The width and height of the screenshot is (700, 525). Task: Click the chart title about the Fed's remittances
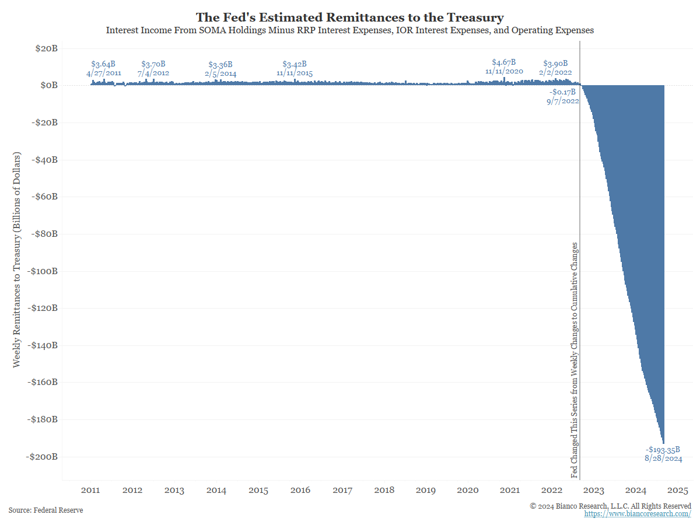pyautogui.click(x=349, y=17)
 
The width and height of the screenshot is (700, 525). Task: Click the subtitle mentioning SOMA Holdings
pyautogui.click(x=349, y=30)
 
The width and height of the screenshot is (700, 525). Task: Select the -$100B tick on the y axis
pyautogui.click(x=42, y=271)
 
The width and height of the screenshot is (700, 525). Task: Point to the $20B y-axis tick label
pyautogui.click(x=46, y=48)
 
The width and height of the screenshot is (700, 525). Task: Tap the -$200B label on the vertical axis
pyautogui.click(x=42, y=457)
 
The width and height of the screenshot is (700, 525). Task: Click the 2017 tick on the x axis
pyautogui.click(x=342, y=491)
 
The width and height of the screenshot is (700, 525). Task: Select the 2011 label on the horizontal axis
pyautogui.click(x=90, y=491)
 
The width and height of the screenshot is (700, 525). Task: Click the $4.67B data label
pyautogui.click(x=503, y=62)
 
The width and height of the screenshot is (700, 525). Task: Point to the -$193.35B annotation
pyautogui.click(x=663, y=450)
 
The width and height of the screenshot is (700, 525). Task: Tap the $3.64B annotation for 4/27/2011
pyautogui.click(x=103, y=64)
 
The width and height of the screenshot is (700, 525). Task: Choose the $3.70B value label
pyautogui.click(x=153, y=64)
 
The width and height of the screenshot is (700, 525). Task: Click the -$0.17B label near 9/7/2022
pyautogui.click(x=562, y=92)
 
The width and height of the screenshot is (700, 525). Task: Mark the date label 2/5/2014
pyautogui.click(x=220, y=73)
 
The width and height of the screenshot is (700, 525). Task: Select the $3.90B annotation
pyautogui.click(x=555, y=64)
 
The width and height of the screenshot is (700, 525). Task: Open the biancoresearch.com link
pyautogui.click(x=638, y=514)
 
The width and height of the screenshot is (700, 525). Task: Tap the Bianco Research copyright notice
pyautogui.click(x=610, y=506)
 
